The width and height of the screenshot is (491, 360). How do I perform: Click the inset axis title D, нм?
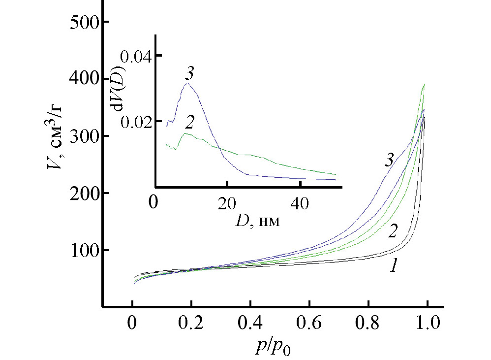[x=258, y=220]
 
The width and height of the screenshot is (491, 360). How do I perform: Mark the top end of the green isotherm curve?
[x=424, y=85]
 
